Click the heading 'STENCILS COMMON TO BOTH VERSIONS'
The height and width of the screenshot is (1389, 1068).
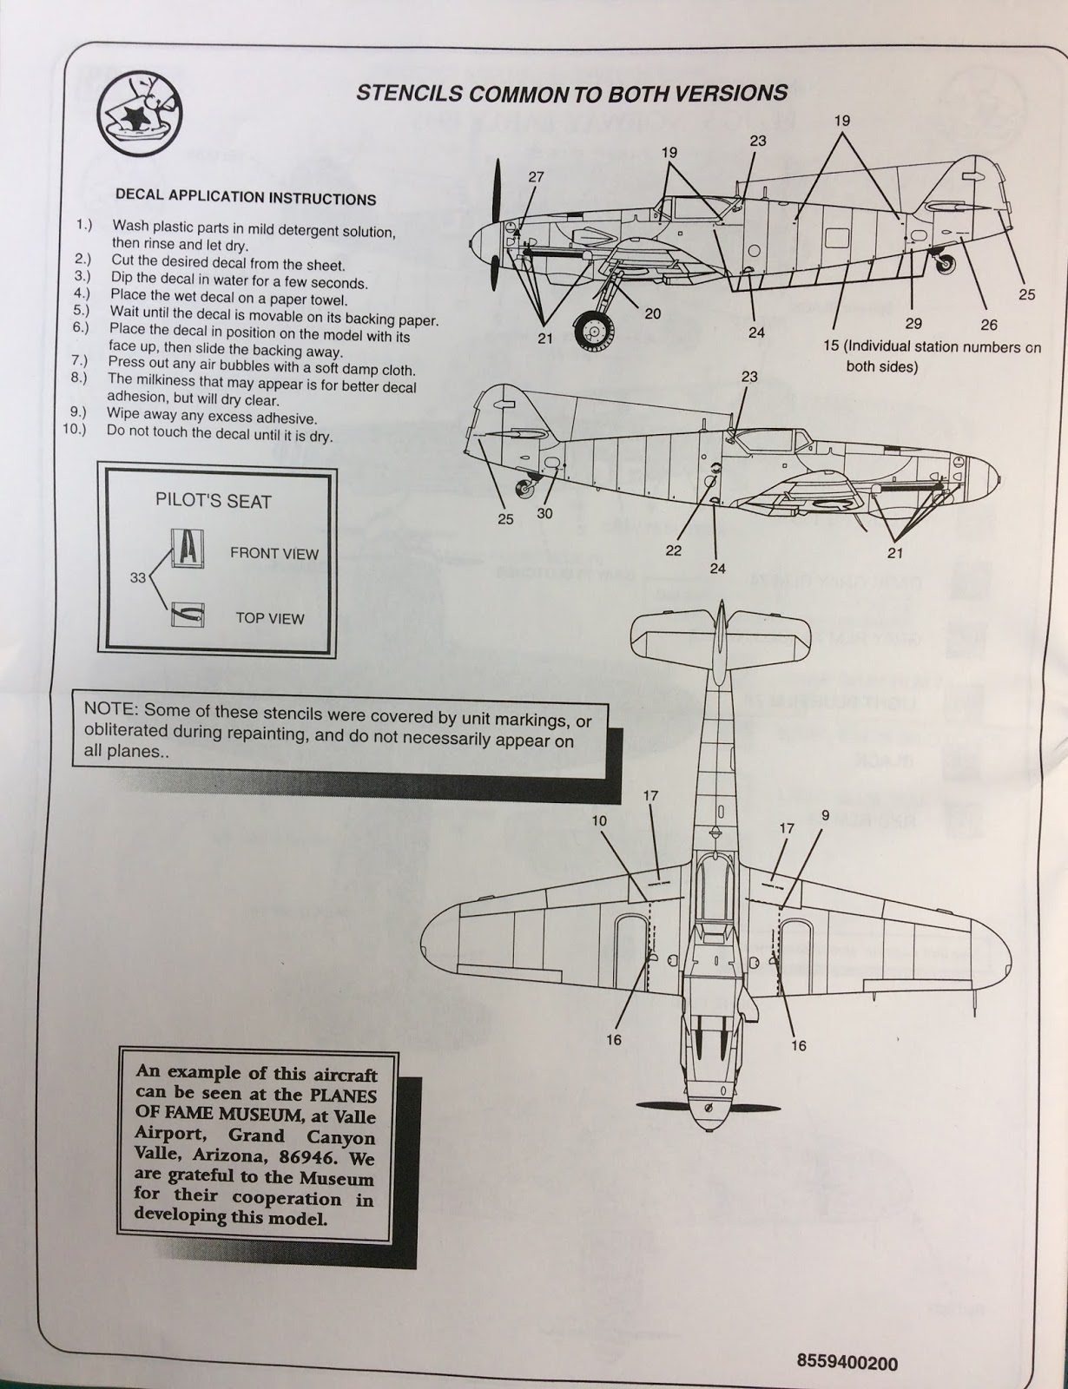[x=572, y=94]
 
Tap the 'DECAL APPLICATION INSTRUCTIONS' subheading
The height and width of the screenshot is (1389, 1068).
[x=246, y=197]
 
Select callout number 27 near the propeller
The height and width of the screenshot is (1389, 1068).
[x=536, y=177]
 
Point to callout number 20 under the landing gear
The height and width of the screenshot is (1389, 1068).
[x=653, y=313]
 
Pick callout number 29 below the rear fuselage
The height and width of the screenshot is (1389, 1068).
[x=913, y=323]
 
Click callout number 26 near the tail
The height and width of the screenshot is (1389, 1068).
[x=988, y=325]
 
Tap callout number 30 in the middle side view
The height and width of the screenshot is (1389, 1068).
[x=544, y=513]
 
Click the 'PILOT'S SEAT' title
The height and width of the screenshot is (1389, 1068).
[x=213, y=501]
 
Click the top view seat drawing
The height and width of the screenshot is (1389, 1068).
[x=188, y=615]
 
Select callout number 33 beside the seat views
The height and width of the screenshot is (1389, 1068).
[x=138, y=579]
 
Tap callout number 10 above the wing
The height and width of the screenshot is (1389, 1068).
[x=598, y=820]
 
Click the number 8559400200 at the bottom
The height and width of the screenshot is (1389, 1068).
[x=847, y=1363]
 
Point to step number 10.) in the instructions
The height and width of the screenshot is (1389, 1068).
[x=76, y=430]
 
